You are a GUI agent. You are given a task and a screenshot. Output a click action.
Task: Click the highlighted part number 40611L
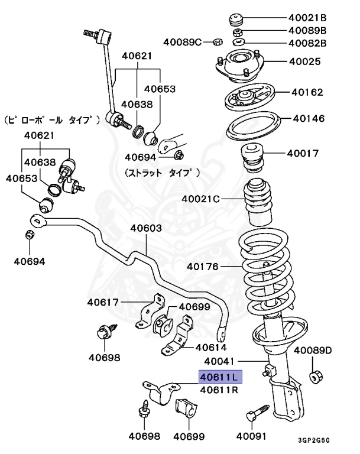pos(218,377)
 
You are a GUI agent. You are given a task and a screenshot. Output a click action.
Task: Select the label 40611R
pos(218,390)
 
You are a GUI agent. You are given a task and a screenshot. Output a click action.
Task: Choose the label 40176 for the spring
pos(203,267)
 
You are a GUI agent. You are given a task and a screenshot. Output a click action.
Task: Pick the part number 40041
pos(219,361)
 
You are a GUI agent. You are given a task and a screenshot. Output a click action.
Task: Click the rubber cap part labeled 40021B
pos(237,19)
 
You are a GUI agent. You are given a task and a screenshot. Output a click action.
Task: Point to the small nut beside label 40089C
pos(216,42)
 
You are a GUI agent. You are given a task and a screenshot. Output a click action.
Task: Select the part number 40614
pos(211,348)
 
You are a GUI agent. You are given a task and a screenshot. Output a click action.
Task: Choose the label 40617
pos(103,302)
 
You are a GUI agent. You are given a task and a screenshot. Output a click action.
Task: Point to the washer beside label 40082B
pos(239,43)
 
